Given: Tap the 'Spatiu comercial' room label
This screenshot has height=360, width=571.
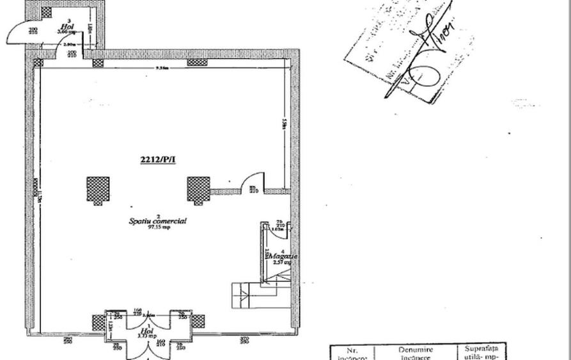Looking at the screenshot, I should pos(158,221).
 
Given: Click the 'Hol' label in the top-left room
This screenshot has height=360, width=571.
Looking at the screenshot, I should pos(68,26).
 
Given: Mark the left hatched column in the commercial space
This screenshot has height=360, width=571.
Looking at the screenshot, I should pos(98,189).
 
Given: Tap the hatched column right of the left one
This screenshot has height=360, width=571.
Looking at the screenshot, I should pos(198,189).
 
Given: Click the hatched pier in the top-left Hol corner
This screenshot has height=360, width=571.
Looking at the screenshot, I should pos(46,12).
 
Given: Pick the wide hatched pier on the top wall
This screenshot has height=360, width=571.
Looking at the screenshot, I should pos(196,63).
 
